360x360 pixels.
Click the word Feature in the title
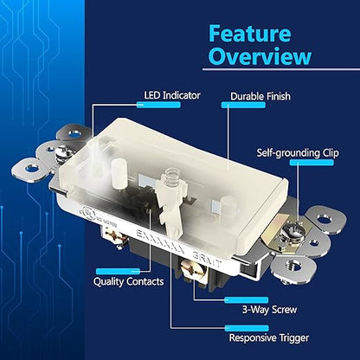pyautogui.click(x=250, y=34)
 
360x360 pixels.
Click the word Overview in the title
pyautogui.click(x=260, y=56)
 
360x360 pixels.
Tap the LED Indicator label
pyautogui.click(x=172, y=95)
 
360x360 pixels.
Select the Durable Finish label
pyautogui.click(x=260, y=96)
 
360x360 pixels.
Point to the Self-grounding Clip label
pyautogui.click(x=298, y=153)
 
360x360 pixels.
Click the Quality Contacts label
pyautogui.click(x=128, y=281)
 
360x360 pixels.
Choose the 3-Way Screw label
pyautogui.click(x=269, y=310)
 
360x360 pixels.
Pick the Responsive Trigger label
pyautogui.click(x=269, y=337)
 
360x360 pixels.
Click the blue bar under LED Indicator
pyautogui.click(x=158, y=105)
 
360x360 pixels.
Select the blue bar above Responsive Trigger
pyautogui.click(x=247, y=328)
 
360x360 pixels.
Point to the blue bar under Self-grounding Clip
pyautogui.click(x=312, y=163)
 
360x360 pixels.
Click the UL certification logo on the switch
pyautogui.click(x=88, y=213)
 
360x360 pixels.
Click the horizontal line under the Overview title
pyautogui.click(x=281, y=69)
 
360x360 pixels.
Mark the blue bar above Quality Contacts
pyautogui.click(x=118, y=272)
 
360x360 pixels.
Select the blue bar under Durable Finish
pyautogui.click(x=243, y=105)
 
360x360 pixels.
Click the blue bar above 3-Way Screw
pyautogui.click(x=247, y=300)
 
